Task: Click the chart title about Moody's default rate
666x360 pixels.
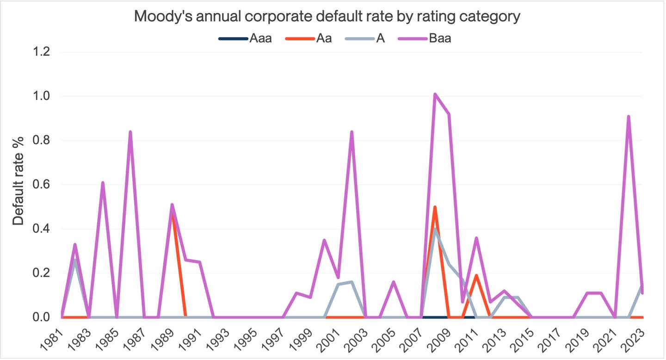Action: pyautogui.click(x=327, y=17)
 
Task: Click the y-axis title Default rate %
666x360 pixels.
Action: pyautogui.click(x=18, y=185)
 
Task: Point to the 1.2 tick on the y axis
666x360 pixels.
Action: pyautogui.click(x=40, y=52)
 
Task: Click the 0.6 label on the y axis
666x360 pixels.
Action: pyautogui.click(x=40, y=185)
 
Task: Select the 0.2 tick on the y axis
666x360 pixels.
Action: pyautogui.click(x=40, y=273)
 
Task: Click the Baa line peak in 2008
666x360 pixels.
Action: pyautogui.click(x=435, y=94)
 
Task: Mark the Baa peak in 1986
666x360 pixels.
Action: pyautogui.click(x=130, y=132)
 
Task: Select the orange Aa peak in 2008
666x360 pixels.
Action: pyautogui.click(x=435, y=207)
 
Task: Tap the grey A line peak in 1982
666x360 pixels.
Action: pyautogui.click(x=75, y=260)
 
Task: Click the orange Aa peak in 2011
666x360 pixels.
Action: pyautogui.click(x=476, y=275)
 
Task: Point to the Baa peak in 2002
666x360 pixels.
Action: pyautogui.click(x=352, y=132)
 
